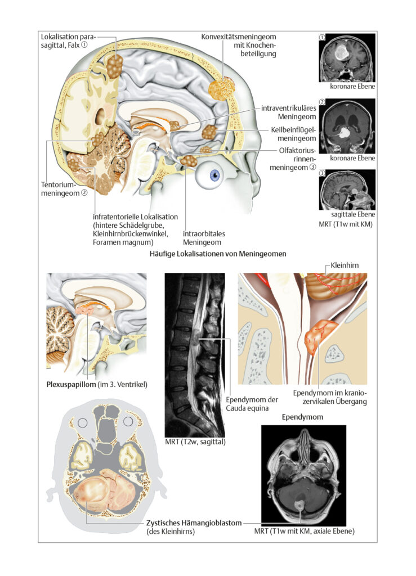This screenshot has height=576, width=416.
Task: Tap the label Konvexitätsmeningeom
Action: [239, 37]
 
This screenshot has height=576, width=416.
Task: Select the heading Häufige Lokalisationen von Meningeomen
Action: [217, 254]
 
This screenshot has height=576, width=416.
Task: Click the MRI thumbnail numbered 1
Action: [347, 58]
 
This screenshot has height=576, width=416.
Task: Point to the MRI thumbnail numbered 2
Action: [347, 126]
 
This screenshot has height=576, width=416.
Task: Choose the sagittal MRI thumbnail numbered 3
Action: [347, 190]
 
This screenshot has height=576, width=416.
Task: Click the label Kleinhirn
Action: [345, 265]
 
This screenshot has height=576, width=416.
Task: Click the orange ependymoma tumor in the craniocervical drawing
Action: [319, 337]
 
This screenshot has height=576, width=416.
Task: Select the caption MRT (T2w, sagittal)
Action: [195, 441]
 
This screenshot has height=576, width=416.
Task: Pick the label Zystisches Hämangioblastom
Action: [194, 523]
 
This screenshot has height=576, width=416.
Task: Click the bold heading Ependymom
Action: [302, 417]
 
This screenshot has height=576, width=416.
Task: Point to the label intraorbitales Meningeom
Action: [204, 238]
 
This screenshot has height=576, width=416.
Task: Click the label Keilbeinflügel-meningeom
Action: [293, 134]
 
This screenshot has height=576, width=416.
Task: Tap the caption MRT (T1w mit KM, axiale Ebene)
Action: [305, 531]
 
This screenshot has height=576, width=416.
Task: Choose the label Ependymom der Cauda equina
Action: [252, 404]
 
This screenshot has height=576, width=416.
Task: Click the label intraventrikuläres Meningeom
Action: [288, 112]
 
